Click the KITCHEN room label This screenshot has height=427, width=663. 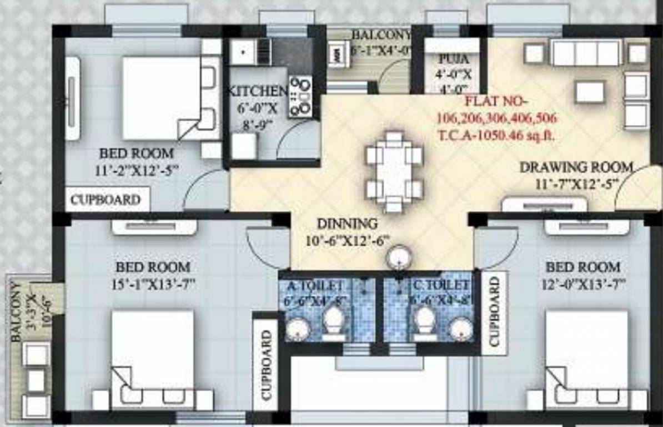259,91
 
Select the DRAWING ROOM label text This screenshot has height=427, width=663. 576,167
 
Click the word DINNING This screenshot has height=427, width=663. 347,224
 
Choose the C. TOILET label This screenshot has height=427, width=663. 441,286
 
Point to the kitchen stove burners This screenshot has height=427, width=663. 300,96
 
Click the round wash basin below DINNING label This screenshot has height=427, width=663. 399,258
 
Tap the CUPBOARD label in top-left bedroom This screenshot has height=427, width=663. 105,200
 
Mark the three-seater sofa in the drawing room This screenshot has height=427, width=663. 585,53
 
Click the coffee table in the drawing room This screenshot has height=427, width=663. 590,92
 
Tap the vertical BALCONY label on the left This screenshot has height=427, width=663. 17,312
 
